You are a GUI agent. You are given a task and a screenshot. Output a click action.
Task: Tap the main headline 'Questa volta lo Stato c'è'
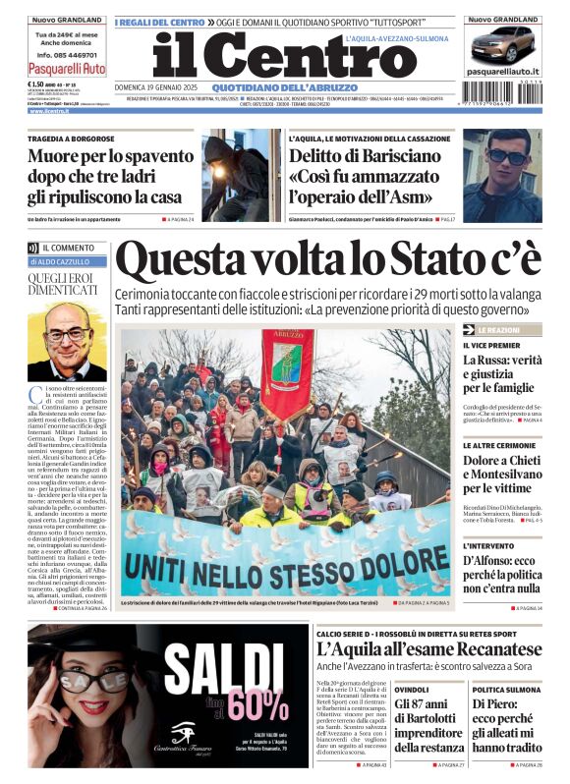327,260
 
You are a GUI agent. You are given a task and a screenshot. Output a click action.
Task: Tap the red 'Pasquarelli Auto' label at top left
67,69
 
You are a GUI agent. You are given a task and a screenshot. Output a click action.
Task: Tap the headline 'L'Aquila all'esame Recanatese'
428,648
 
